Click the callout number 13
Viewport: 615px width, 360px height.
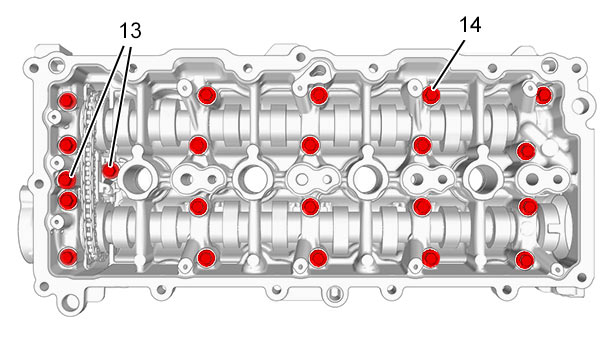click(x=130, y=30)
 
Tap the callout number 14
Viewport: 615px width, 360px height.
click(x=470, y=25)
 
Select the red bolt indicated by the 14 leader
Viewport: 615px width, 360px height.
click(x=431, y=95)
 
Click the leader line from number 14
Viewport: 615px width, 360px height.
click(x=450, y=64)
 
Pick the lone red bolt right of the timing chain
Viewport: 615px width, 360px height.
click(x=110, y=171)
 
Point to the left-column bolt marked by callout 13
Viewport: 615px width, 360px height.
click(x=67, y=180)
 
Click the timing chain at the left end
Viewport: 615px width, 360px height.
click(x=89, y=175)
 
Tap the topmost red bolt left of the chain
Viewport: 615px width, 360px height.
click(x=67, y=101)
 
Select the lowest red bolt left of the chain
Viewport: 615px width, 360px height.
click(x=69, y=257)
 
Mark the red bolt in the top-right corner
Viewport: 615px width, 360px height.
click(x=544, y=95)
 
